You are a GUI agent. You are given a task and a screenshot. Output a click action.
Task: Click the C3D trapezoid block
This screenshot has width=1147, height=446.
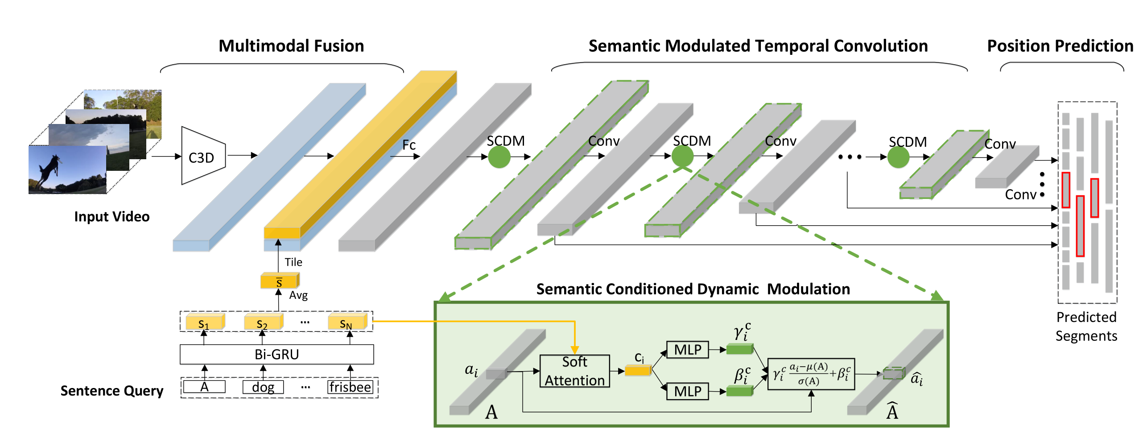[203, 156]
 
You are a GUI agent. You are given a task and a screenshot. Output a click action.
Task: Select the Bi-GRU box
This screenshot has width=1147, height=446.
[276, 355]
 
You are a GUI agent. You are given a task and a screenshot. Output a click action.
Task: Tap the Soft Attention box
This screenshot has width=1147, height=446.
[574, 371]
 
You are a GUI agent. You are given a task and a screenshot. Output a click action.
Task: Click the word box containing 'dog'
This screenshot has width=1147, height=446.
[263, 387]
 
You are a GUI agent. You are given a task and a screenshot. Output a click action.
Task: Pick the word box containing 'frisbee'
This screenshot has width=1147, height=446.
[350, 387]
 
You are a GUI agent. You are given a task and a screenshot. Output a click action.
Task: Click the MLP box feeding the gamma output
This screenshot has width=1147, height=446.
[687, 350]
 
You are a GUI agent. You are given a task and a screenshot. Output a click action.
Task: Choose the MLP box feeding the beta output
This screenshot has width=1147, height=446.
[687, 392]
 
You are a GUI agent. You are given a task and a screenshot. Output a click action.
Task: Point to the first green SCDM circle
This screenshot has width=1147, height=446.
[499, 157]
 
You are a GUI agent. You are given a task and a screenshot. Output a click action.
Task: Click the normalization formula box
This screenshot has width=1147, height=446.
[811, 374]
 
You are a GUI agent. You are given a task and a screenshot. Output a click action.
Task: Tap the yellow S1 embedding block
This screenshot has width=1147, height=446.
[205, 322]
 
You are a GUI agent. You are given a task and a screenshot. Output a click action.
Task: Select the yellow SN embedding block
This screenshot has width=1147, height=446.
[347, 322]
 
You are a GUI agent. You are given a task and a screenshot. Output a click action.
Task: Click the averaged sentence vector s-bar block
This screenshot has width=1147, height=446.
[280, 281]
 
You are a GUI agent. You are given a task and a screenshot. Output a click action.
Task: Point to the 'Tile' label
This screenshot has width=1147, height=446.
[293, 262]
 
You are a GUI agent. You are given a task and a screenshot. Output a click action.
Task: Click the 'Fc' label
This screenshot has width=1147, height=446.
[409, 145]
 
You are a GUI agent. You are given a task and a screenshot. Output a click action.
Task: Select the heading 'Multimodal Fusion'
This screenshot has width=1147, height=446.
[291, 46]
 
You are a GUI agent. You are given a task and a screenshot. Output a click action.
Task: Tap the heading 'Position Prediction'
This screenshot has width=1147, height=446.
[1060, 46]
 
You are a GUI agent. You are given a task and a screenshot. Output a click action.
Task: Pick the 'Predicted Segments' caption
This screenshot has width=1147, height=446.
[1086, 326]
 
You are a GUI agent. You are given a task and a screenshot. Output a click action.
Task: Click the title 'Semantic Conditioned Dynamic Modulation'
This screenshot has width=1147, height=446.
[693, 289]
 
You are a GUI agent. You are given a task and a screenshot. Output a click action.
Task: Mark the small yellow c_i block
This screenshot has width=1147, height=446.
[638, 370]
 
